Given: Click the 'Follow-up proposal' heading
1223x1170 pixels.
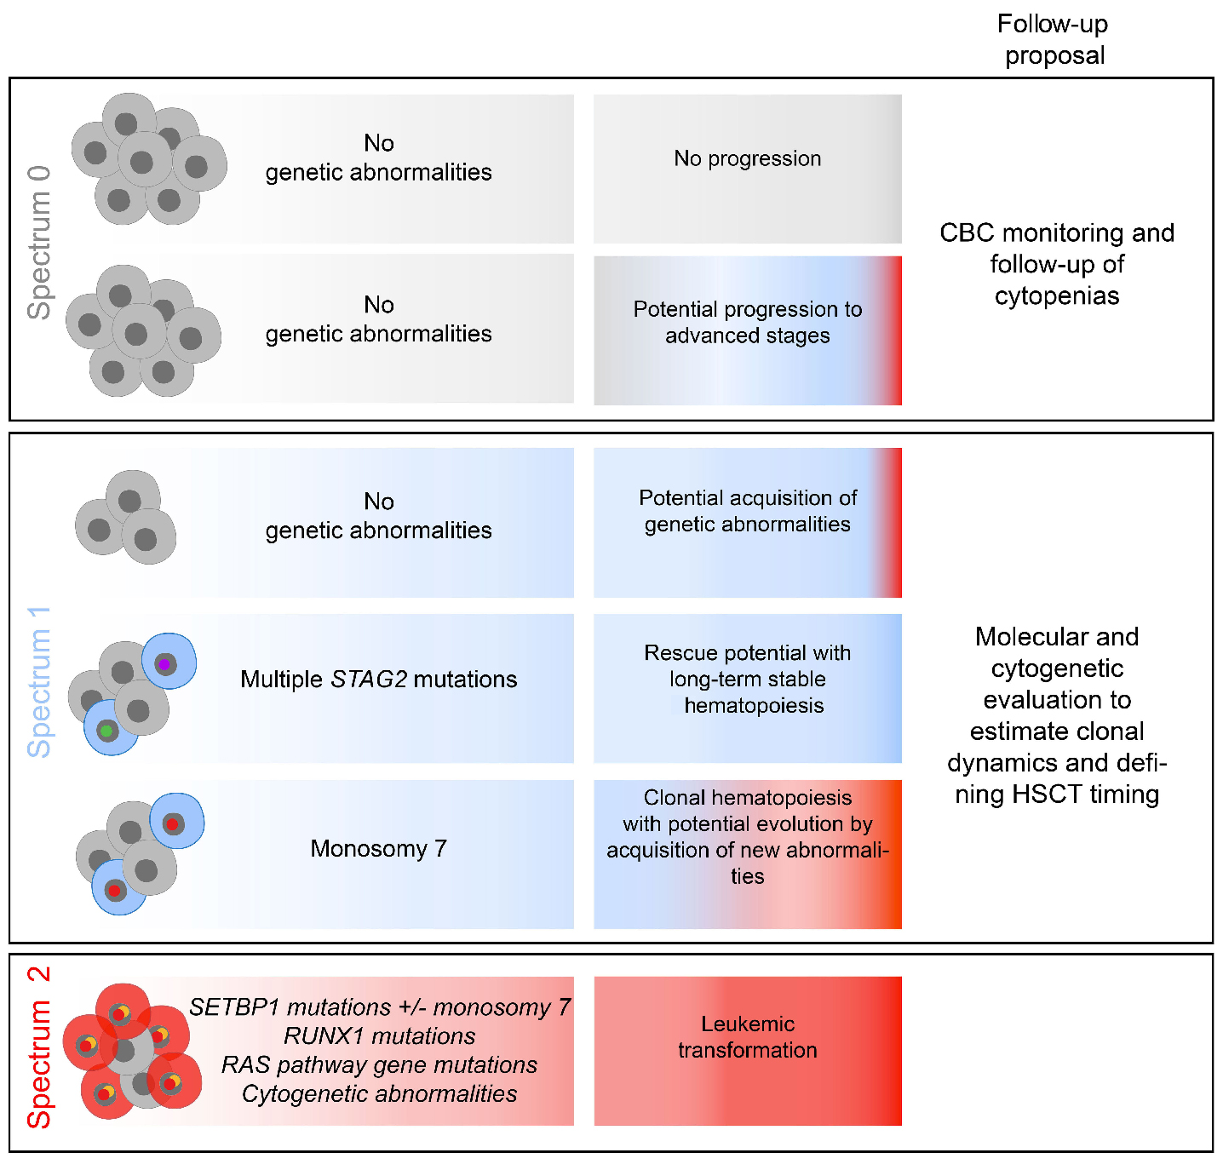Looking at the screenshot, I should [1054, 39].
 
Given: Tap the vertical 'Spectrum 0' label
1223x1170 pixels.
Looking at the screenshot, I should [39, 244].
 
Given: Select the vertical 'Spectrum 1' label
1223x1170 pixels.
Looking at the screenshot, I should [39, 682].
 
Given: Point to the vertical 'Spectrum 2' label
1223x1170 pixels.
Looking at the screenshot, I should [39, 1047].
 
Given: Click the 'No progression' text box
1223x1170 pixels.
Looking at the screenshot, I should [747, 158].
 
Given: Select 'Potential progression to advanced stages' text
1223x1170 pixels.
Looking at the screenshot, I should [747, 322].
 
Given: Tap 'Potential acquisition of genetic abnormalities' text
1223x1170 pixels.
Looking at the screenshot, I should [747, 511].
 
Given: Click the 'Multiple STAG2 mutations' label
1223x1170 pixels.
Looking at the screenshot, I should [378, 680].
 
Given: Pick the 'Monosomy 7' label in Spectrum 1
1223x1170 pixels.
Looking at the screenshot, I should [378, 849].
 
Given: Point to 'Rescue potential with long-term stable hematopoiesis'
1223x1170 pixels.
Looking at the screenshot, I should [747, 679].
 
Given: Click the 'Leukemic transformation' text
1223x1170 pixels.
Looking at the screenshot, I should [747, 1037].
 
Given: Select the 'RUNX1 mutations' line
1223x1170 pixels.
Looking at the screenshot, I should [379, 1036].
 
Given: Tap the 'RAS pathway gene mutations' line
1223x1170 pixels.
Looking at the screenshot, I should [379, 1065].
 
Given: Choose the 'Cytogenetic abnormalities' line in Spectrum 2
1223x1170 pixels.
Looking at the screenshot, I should [379, 1094].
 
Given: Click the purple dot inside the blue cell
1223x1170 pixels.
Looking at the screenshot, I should [164, 664].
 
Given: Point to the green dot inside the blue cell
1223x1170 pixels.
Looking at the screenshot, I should [106, 731].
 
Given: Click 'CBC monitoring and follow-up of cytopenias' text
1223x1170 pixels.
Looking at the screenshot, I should [1056, 264].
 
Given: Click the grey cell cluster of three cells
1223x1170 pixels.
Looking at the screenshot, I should [126, 518].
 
